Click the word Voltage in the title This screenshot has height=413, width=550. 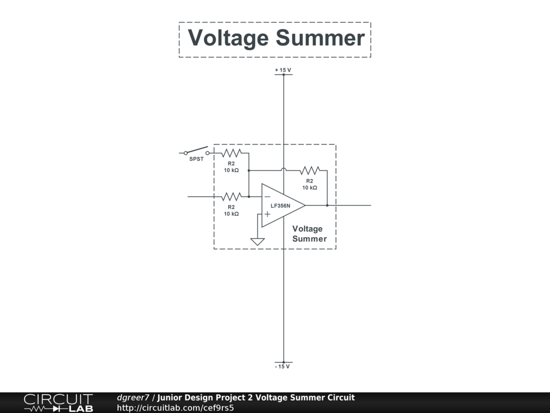pos(228,38)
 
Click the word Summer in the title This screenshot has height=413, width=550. pos(320,38)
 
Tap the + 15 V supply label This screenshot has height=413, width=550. pos(283,70)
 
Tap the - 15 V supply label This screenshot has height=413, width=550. pos(283,367)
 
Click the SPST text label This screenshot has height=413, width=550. pos(196,159)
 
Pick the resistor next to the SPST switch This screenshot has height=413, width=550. pos(231,153)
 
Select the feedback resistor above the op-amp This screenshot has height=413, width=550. pos(310,170)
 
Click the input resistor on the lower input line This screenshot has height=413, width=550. pos(231,197)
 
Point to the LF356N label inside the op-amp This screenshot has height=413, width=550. pos(280,206)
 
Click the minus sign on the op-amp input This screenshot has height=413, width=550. pos(267,197)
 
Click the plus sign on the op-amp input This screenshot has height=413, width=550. pos(267,213)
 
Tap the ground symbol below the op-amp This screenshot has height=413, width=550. pos(258,241)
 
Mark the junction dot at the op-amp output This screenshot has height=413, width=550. pos(327,205)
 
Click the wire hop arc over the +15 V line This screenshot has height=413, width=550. pos(284,169)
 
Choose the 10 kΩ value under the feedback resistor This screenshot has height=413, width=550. pos(310,188)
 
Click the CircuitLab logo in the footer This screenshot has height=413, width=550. pos(58,403)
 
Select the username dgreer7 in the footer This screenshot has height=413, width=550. pos(133,398)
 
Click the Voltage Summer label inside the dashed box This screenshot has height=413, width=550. pos(309,234)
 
